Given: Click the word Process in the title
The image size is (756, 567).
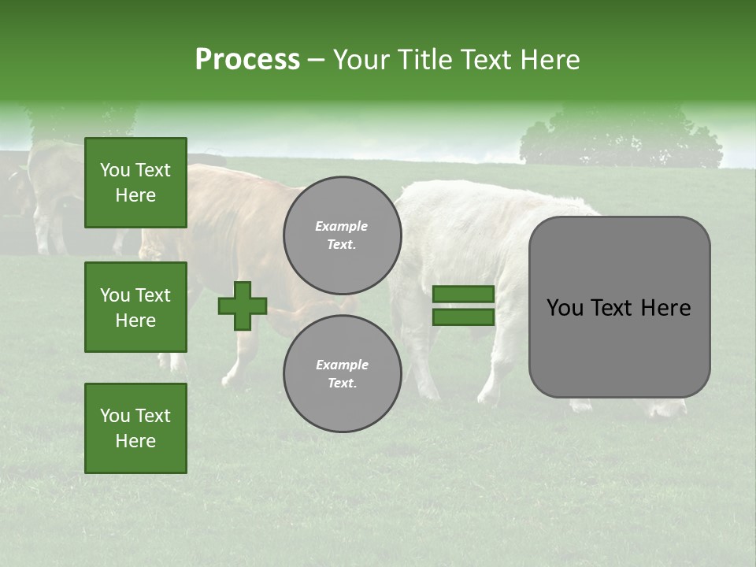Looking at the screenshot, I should (247, 60).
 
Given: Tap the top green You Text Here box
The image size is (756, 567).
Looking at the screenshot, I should (135, 183).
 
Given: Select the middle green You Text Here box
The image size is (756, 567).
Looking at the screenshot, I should (135, 307).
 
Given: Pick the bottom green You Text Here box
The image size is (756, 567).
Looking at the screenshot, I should (135, 428).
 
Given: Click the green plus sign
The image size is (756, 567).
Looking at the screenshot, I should (243, 306).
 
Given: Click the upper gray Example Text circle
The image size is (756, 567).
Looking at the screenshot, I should (343, 235).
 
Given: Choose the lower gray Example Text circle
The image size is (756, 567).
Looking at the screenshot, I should (343, 374).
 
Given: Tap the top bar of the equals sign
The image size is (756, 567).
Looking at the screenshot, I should (463, 295).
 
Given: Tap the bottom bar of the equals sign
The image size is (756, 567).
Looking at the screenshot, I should (463, 317).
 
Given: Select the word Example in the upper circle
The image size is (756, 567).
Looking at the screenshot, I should (342, 227).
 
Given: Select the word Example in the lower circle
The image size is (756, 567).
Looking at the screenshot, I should (342, 365).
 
